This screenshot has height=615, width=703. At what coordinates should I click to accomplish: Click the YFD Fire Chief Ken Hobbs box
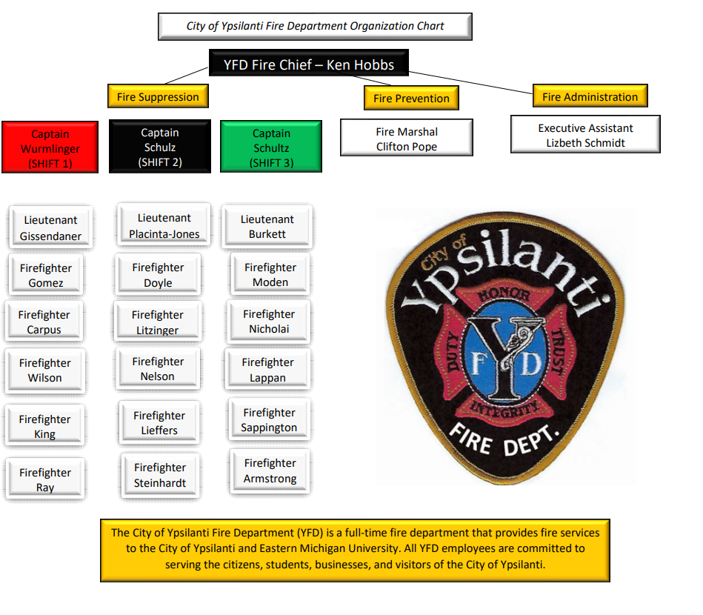point(308,65)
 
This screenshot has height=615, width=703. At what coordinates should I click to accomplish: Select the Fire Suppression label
point(158,97)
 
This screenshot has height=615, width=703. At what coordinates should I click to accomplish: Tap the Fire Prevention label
point(411,99)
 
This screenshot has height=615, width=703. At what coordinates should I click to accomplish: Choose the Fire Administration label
point(590,97)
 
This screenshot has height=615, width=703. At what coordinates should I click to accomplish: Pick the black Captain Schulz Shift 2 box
point(160,147)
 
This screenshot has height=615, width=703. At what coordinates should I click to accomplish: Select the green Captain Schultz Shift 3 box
point(271,147)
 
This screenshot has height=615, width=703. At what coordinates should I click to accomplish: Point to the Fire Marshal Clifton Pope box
point(406,139)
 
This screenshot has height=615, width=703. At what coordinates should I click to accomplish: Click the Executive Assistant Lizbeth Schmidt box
point(585,135)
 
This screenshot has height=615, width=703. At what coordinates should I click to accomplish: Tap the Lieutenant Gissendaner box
point(50,227)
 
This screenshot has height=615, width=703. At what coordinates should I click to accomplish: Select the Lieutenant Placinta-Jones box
point(164,226)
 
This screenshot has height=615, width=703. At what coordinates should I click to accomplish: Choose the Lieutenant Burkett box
point(267,227)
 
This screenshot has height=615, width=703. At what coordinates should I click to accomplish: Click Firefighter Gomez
point(46,276)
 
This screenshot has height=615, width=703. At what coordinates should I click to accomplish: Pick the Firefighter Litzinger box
point(157,322)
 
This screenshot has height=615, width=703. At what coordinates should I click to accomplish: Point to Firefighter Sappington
point(269,420)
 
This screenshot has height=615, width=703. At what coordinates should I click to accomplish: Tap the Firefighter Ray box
point(45,479)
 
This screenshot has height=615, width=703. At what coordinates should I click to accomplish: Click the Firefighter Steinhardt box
point(160,475)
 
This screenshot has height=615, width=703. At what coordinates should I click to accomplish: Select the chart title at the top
point(315,27)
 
